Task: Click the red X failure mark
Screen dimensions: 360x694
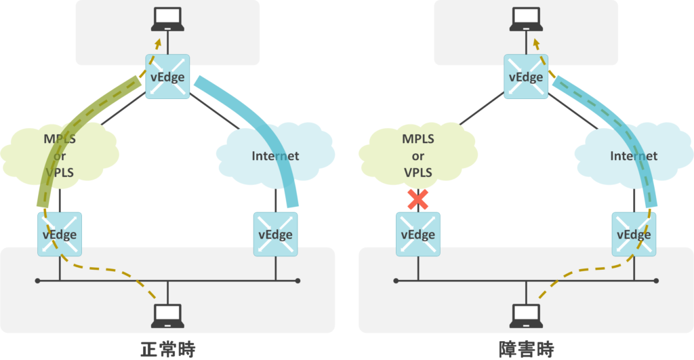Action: tap(417, 199)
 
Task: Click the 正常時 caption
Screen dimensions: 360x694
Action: tap(167, 348)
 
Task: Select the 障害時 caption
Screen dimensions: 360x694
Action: tap(525, 348)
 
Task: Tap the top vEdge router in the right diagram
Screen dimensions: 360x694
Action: tap(525, 77)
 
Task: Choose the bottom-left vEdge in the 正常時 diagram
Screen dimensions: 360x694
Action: tap(60, 234)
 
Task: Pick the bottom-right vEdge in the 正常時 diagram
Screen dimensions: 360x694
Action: tap(275, 234)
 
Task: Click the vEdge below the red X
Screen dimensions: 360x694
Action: tap(417, 235)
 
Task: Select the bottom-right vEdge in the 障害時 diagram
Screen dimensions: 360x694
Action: tap(634, 234)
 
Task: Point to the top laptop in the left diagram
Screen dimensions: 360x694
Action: tap(167, 19)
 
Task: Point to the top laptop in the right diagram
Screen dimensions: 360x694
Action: tap(525, 19)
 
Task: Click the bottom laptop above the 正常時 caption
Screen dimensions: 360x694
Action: tap(167, 315)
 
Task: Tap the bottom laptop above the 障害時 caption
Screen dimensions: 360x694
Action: tap(525, 315)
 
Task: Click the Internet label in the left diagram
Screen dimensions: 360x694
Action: tap(275, 156)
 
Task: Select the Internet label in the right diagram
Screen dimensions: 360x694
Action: tap(634, 156)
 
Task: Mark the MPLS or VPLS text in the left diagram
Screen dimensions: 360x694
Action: tap(60, 157)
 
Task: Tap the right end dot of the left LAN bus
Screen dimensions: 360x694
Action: tap(298, 280)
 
